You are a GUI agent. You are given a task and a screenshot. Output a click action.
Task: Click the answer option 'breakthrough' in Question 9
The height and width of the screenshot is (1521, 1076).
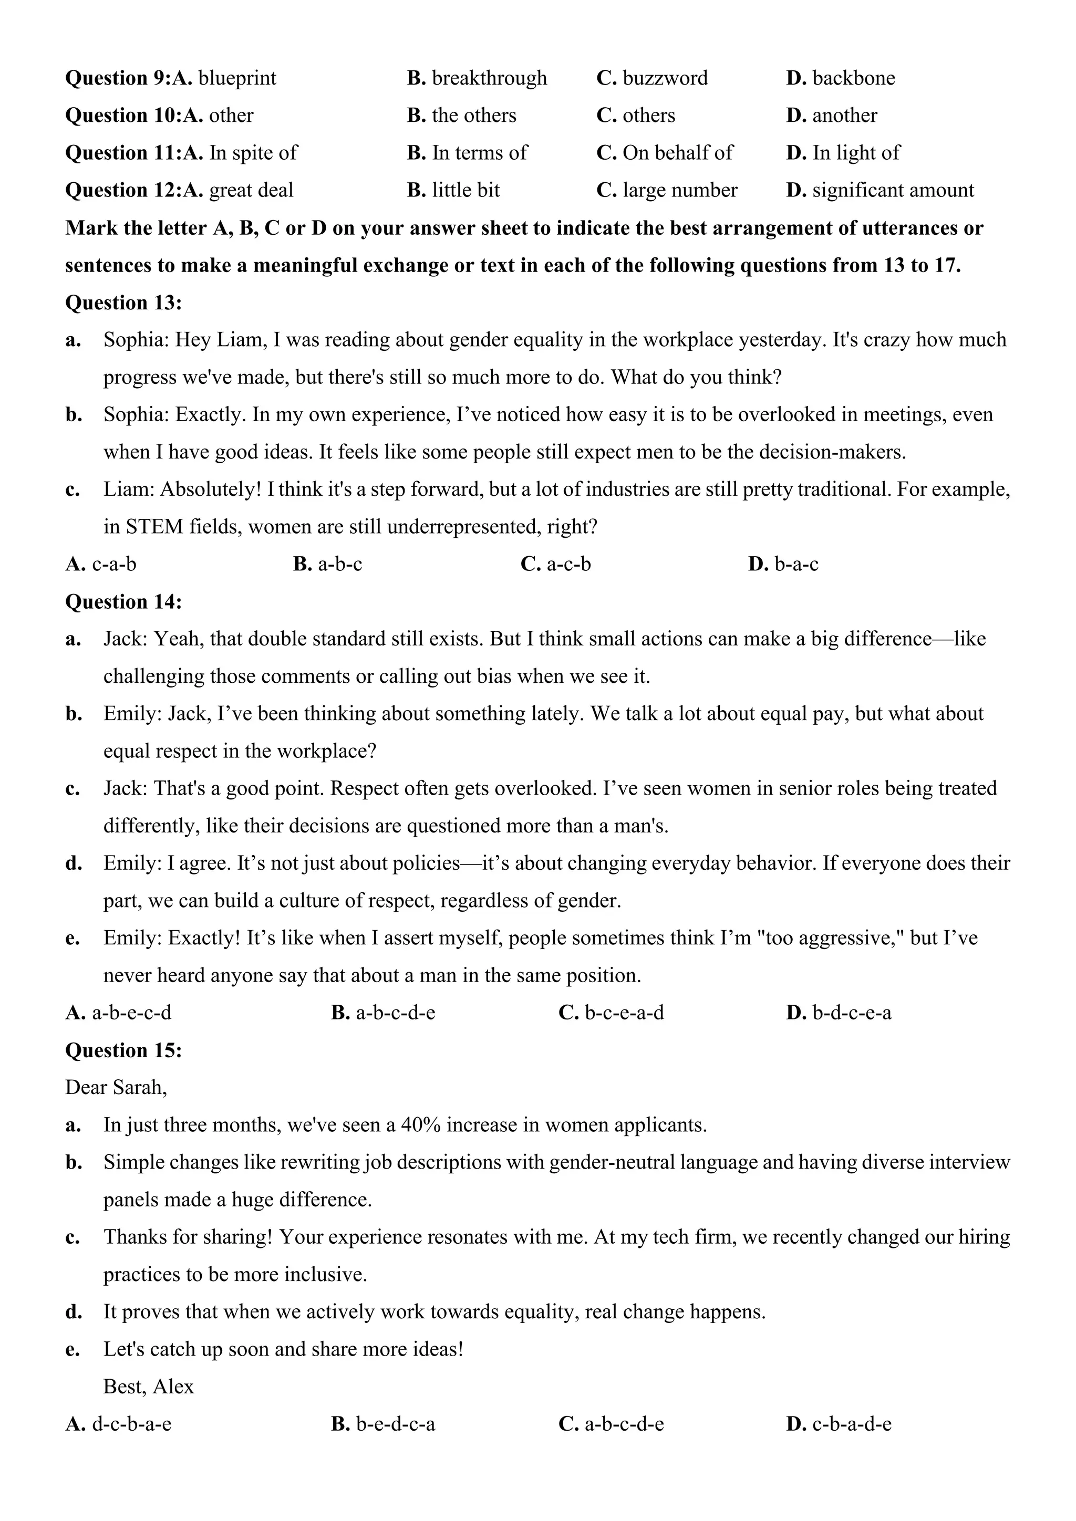pos(489,78)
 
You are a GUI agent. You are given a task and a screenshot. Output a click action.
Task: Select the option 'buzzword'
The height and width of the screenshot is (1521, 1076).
pos(665,78)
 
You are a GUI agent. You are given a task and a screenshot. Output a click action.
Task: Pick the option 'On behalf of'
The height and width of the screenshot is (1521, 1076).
pos(677,153)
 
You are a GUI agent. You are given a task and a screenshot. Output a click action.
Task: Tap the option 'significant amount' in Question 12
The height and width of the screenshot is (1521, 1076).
pos(893,191)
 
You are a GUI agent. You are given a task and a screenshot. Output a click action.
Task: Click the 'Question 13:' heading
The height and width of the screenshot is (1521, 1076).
pos(123,303)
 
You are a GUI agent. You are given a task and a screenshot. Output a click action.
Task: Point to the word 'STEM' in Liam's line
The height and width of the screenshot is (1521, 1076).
pos(154,527)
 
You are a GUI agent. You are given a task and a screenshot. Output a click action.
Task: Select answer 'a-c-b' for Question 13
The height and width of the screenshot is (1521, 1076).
pos(568,565)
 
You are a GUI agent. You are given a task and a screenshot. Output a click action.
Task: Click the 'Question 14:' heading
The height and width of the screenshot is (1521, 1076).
pos(123,602)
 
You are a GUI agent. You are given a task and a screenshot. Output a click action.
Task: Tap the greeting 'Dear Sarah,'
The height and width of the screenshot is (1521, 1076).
pos(116,1088)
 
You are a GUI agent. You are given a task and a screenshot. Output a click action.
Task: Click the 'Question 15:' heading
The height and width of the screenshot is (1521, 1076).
pos(123,1050)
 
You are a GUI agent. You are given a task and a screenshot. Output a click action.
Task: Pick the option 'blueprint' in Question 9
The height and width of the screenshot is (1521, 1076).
pos(236,78)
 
